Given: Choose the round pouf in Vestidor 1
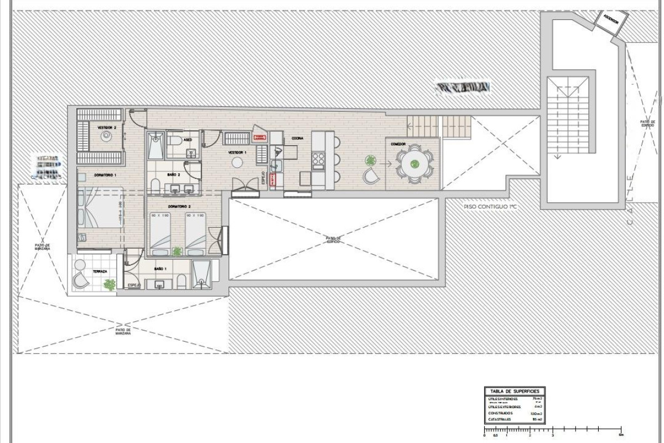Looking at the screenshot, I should [237, 162].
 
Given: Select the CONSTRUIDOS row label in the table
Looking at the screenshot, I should [500, 413].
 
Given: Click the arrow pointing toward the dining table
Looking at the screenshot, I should [387, 163].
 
